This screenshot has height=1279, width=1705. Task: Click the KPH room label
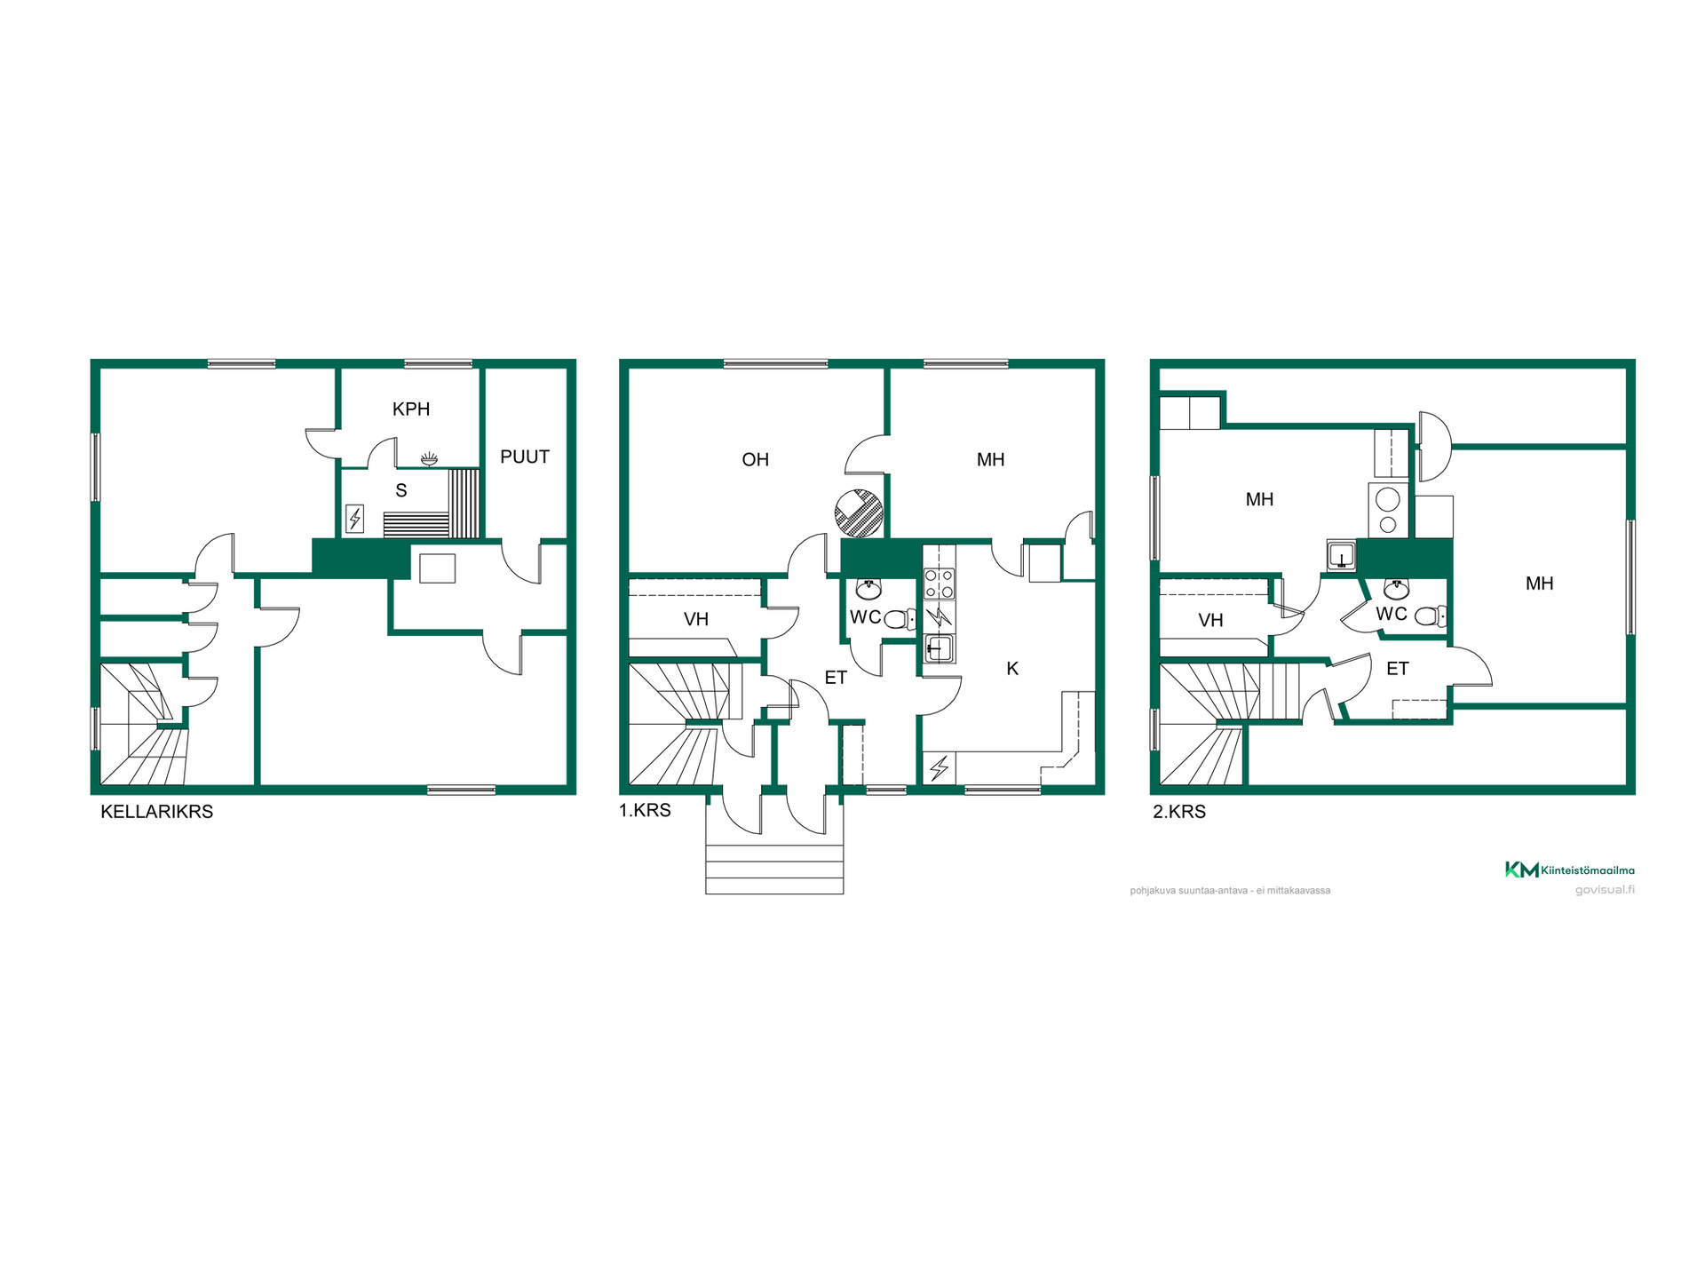pos(411,409)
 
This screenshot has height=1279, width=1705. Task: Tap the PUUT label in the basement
pos(525,457)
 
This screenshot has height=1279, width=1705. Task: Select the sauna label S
pos(401,490)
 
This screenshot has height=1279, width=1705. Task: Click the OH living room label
pos(755,460)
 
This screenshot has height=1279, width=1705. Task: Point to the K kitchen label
pos(1012,669)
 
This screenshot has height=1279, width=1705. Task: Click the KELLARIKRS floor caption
pos(157,812)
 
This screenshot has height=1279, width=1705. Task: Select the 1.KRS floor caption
pos(646,811)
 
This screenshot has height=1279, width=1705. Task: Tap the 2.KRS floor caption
pos(1179,812)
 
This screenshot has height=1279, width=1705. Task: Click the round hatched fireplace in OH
pos(859,513)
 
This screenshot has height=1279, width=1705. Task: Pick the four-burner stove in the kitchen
pos(940,584)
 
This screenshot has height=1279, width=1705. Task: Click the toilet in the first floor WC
pos(900,619)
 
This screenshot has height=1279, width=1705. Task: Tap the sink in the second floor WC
pos(1397,589)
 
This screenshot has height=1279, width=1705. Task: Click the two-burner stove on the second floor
pos(1388,511)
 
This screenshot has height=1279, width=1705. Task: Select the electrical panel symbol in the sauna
pos(354,518)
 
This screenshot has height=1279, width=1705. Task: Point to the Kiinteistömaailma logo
pos(1570,870)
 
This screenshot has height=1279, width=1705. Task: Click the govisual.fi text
pos(1605,890)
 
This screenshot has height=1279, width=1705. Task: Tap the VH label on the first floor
pos(696,620)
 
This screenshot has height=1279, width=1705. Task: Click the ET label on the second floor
pos(1398,669)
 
